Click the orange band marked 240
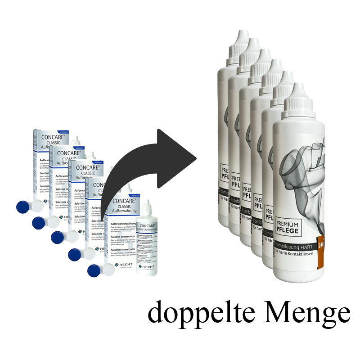coord(321,245)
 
